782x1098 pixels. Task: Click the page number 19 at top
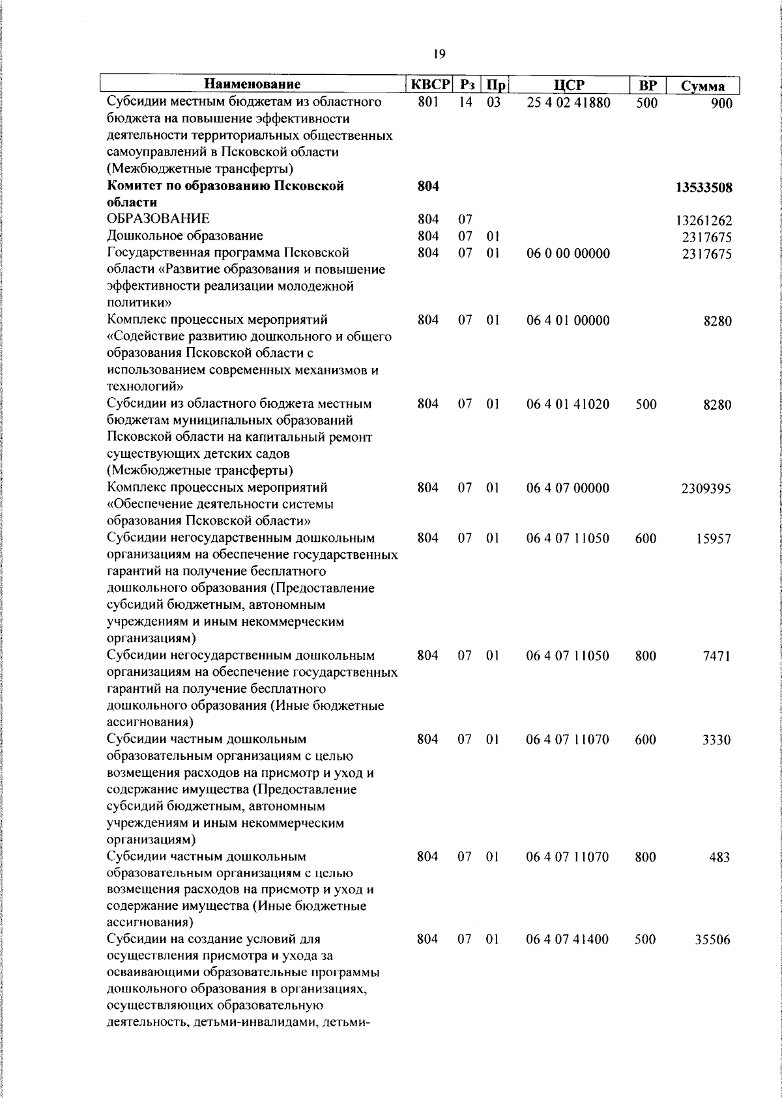439,53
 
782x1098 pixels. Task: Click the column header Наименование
252,85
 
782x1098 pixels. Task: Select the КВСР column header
429,85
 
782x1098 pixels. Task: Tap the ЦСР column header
568,85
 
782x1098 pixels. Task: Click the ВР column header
647,85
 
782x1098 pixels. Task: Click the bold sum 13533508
704,188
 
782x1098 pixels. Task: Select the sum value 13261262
704,221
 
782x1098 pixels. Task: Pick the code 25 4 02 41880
568,103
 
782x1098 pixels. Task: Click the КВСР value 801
428,103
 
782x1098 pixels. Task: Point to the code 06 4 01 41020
568,404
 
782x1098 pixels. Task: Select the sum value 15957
713,539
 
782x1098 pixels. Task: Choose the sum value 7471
717,656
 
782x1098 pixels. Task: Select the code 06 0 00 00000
568,253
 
